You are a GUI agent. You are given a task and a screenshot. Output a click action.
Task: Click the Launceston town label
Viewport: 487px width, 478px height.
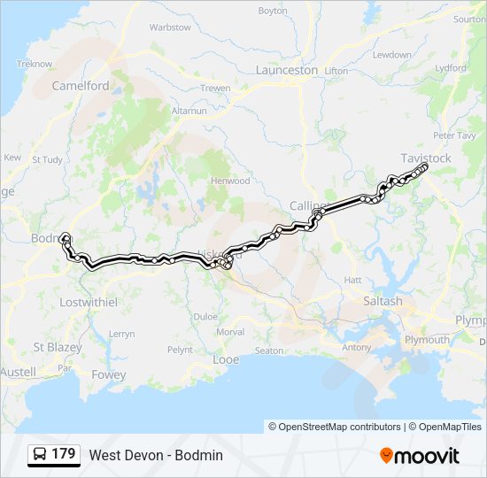(x=286, y=70)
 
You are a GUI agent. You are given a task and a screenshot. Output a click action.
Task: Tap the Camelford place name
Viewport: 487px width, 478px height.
(x=81, y=86)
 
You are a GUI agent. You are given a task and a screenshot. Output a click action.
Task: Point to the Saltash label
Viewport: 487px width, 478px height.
(x=383, y=301)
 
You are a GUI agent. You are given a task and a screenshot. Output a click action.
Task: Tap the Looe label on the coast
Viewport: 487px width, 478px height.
(x=227, y=360)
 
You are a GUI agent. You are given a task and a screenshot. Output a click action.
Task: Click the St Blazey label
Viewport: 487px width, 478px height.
(x=57, y=347)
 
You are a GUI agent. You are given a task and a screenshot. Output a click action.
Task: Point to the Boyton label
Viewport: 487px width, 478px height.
(x=273, y=11)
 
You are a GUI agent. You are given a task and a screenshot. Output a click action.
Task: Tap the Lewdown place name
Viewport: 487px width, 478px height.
(x=391, y=55)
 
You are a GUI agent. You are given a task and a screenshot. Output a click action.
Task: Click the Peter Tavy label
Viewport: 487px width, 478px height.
(x=454, y=135)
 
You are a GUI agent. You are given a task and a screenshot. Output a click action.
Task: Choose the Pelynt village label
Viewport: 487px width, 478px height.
(x=179, y=350)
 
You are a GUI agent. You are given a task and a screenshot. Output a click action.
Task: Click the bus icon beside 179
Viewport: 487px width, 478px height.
(x=40, y=455)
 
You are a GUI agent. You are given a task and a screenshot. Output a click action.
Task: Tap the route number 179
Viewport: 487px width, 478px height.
(x=64, y=454)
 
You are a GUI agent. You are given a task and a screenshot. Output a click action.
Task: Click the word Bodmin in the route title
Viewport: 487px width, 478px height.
(x=199, y=455)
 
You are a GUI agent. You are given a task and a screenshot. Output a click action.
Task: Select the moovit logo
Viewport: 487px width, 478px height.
(x=420, y=455)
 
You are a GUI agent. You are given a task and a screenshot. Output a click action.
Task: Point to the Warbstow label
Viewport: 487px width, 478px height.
(x=170, y=27)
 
